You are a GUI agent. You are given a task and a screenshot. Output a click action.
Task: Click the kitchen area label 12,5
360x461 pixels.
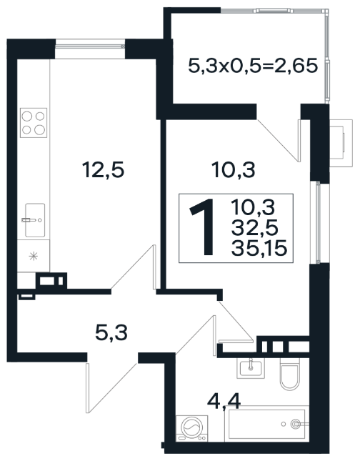coord(104,170)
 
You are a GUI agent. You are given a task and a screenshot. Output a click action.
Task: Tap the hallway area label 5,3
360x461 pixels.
coord(111,333)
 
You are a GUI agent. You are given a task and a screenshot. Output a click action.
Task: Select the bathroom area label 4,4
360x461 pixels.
coord(224,401)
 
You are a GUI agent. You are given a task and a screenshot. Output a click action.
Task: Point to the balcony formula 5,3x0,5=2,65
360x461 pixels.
coord(253,66)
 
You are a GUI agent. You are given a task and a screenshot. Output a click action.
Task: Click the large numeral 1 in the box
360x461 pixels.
coord(204,227)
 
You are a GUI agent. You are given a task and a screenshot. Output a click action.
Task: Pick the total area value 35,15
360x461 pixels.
coord(259,249)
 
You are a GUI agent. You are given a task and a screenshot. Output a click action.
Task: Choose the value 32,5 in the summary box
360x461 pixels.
coord(254,228)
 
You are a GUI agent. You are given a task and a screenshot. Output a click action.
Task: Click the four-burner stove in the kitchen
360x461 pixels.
coord(34,123)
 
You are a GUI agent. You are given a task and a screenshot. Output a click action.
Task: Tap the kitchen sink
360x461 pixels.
coord(35,220)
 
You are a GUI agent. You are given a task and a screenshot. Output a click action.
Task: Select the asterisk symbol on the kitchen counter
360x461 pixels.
coord(33,257)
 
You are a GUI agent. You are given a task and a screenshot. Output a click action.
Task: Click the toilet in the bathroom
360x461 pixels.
coord(290,374)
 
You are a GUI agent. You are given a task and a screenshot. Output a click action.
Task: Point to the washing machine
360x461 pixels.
coord(192,428)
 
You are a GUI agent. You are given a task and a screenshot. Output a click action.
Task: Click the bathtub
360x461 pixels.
coord(266,424)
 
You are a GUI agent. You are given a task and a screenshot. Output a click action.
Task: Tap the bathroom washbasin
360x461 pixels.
coord(251,368)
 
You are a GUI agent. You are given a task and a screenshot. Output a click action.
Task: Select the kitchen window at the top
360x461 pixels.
coord(90,46)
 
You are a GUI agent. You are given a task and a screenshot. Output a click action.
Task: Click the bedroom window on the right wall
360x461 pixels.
coord(318,222)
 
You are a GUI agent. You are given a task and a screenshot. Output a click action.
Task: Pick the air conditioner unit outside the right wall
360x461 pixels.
coord(341,143)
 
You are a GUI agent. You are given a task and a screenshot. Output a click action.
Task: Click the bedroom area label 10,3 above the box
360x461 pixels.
coord(234,170)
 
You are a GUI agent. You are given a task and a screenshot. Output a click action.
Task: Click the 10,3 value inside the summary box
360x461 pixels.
coord(253,207)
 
